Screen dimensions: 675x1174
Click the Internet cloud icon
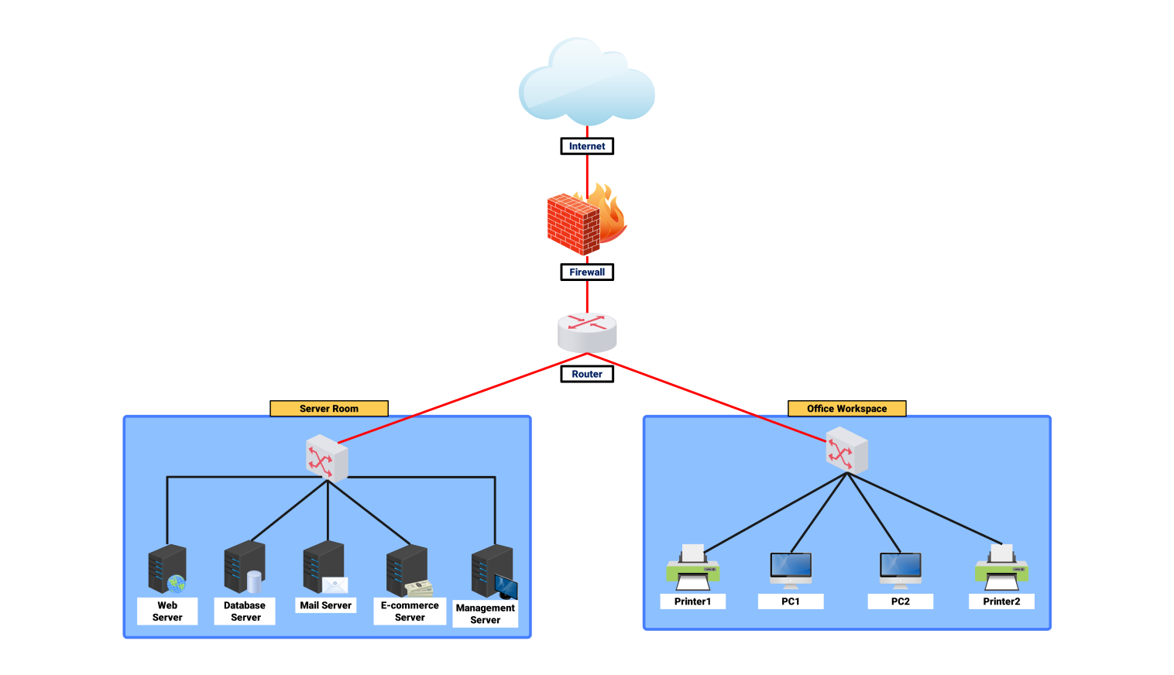(586, 84)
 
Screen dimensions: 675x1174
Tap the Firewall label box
(587, 272)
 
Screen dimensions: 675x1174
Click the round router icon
(587, 331)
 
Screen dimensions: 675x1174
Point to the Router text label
(587, 374)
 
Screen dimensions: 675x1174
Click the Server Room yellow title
(329, 409)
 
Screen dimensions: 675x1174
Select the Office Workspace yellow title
(846, 409)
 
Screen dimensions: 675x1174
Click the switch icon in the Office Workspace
(846, 451)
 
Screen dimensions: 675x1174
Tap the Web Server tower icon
(167, 569)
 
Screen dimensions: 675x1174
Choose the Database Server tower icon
(245, 567)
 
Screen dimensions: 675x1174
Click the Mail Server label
(326, 605)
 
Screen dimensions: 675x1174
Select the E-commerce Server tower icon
(408, 570)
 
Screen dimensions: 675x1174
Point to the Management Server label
(486, 614)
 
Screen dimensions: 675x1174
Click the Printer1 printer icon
(693, 568)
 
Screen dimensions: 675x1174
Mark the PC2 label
(901, 601)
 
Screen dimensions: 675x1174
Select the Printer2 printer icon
(1001, 568)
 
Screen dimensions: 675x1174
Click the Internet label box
(587, 146)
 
